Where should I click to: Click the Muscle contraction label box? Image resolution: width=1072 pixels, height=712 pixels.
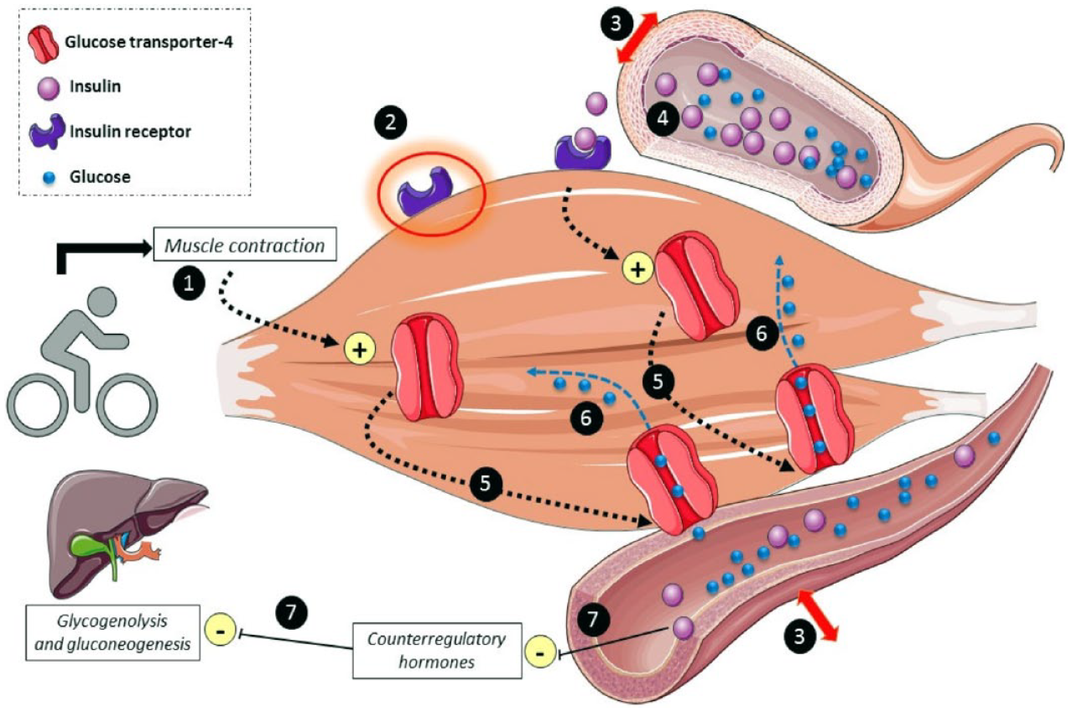[245, 245]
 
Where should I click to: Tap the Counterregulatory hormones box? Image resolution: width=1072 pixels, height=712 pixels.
[437, 650]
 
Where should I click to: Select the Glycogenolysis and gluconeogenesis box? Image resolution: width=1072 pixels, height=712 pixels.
[112, 632]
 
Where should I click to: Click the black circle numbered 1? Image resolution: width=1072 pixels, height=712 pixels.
[189, 283]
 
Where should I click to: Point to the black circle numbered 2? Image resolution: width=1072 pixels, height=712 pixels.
[391, 122]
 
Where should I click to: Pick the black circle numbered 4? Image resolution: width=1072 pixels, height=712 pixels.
[663, 119]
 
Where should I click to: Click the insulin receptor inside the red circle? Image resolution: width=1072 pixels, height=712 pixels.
[425, 190]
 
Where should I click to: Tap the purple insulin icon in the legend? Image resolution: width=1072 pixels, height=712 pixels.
[48, 88]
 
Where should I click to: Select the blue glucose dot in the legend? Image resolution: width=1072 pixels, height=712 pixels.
[49, 178]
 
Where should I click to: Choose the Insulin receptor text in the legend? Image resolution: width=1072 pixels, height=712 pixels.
[130, 132]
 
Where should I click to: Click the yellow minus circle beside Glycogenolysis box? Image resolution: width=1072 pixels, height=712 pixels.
[221, 631]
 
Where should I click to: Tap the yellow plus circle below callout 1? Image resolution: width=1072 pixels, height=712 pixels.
[359, 350]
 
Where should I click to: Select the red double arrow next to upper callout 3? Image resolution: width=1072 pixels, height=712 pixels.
[637, 38]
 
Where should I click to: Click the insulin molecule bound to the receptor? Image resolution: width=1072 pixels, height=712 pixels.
[585, 138]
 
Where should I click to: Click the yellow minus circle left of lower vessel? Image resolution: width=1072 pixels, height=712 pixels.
[540, 653]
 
